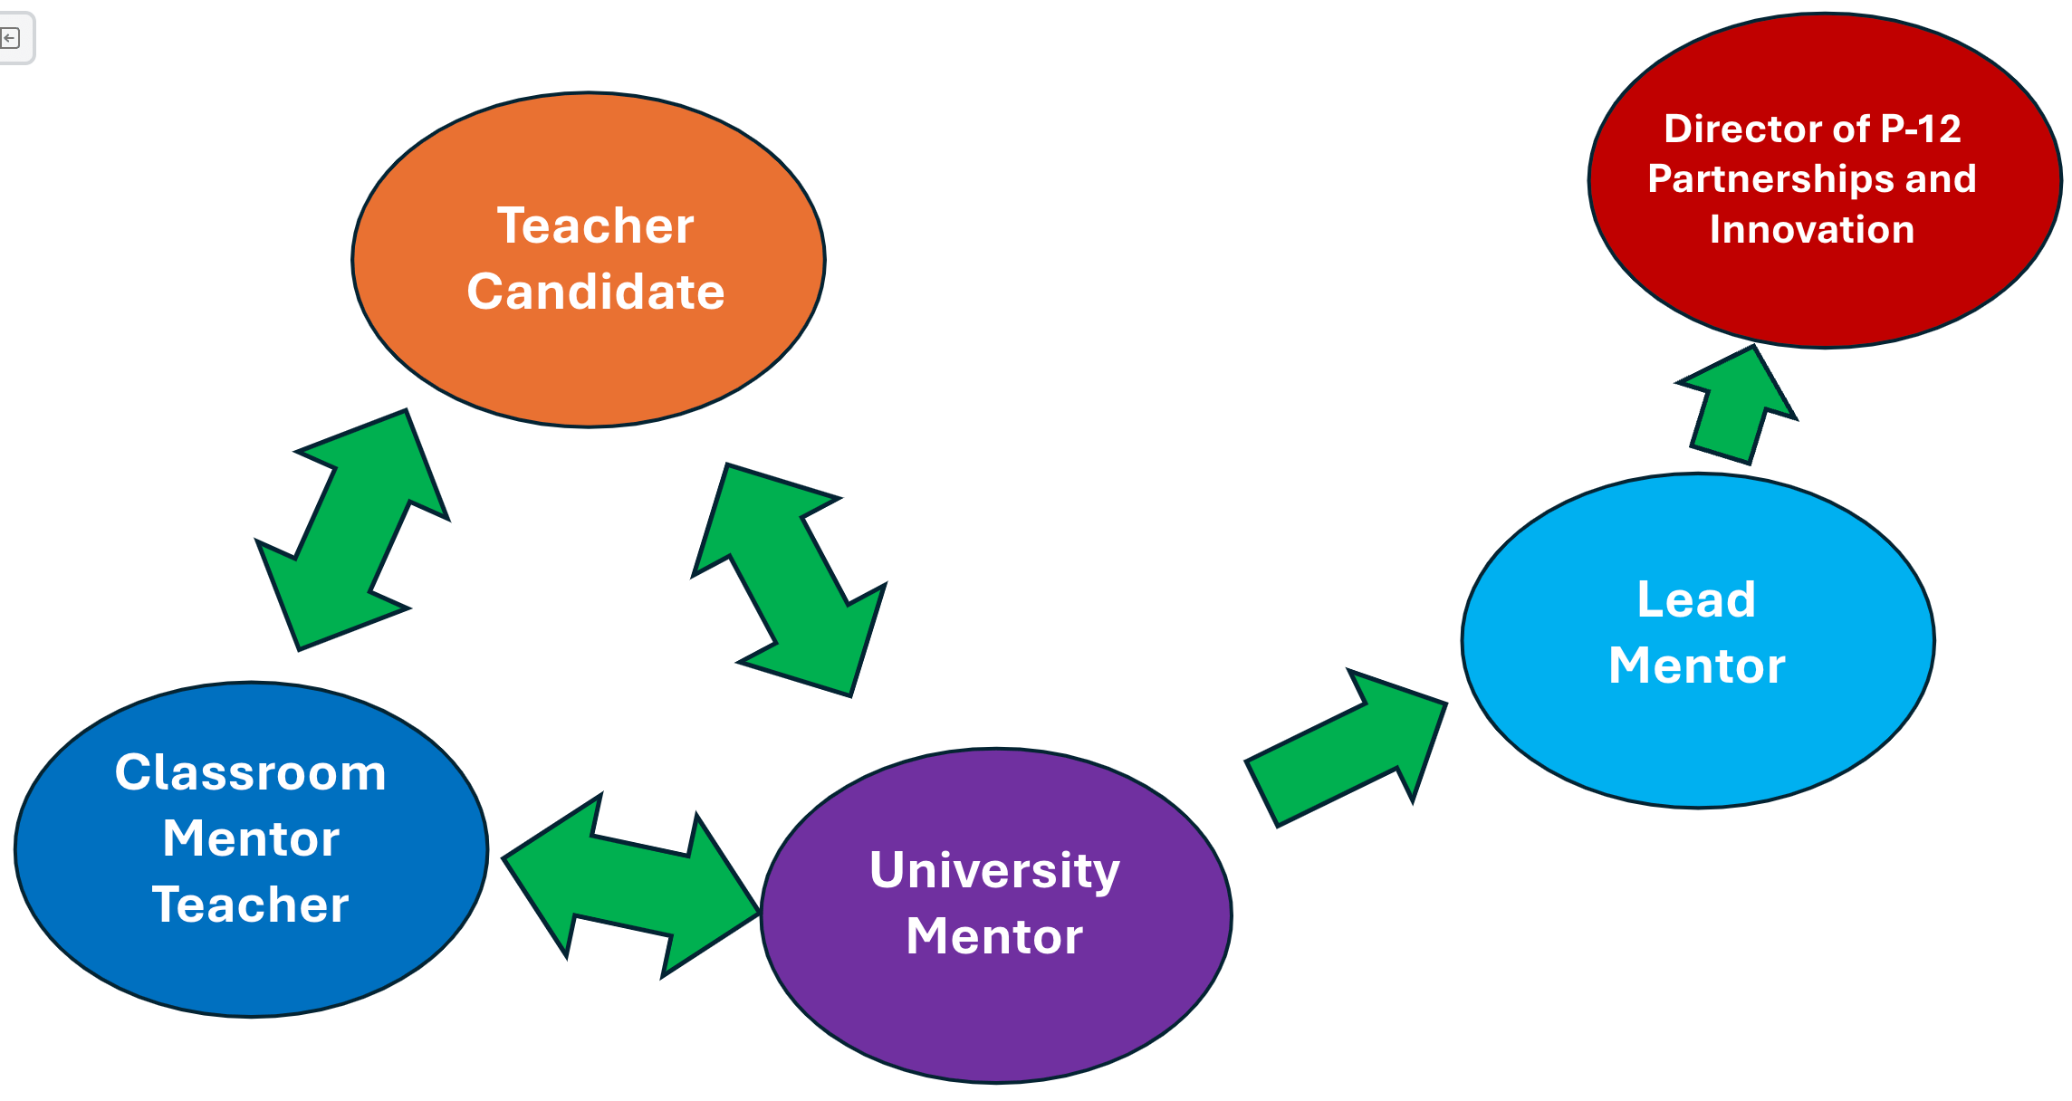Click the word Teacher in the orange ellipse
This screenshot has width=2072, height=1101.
[x=595, y=225]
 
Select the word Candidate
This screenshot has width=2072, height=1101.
[x=595, y=292]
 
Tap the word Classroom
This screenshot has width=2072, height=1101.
[x=251, y=773]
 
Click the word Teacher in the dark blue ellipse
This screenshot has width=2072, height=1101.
[x=250, y=905]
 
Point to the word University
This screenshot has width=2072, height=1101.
[x=994, y=870]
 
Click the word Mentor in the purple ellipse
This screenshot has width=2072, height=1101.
[x=994, y=936]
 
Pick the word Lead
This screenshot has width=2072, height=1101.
[x=1696, y=599]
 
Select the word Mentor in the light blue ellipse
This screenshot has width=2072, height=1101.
[x=1696, y=665]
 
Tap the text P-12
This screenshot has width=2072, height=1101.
[x=1921, y=129]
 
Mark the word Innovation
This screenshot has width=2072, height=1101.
[x=1812, y=229]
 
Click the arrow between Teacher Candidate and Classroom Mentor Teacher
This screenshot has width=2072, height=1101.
[x=353, y=530]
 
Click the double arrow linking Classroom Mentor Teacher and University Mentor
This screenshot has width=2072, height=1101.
[x=631, y=886]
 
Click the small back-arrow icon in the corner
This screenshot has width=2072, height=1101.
[x=10, y=38]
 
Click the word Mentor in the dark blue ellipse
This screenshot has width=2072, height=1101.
[x=251, y=838]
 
